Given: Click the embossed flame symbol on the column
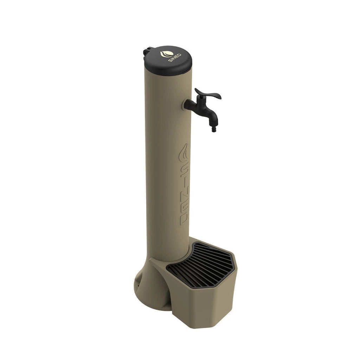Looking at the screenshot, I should click(184, 153).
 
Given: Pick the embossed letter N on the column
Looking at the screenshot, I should click(184, 199).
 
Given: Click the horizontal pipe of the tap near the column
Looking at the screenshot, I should click(192, 105).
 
